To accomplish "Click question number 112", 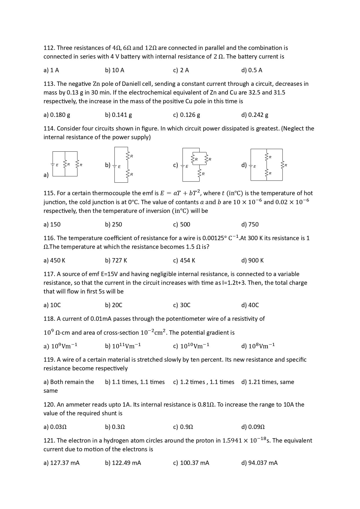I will (x=49, y=48).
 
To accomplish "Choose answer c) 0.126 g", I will (x=186, y=115).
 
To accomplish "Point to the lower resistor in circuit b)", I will (x=128, y=174).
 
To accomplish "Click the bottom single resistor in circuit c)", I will (x=200, y=173).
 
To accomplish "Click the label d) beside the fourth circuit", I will (x=244, y=165).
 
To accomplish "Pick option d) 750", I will (x=250, y=224).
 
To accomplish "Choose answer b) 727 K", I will (x=116, y=260).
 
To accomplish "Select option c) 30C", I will (x=182, y=305).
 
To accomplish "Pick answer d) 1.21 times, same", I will (x=267, y=382).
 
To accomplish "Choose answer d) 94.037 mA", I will (x=259, y=463).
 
